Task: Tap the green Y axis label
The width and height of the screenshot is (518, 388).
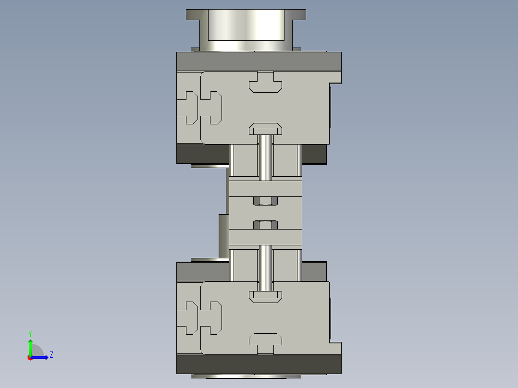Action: [x=30, y=333]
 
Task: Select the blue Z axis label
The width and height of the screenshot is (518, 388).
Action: [x=51, y=355]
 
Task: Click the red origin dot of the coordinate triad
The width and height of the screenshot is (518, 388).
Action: [x=30, y=358]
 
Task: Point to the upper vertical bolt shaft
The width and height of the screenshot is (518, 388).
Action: [x=265, y=158]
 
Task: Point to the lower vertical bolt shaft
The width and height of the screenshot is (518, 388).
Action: [x=265, y=268]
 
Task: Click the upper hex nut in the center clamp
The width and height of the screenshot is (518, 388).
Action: [x=265, y=200]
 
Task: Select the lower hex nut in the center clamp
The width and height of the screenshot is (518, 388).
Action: [x=265, y=224]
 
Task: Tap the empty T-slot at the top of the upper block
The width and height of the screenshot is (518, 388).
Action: [x=265, y=84]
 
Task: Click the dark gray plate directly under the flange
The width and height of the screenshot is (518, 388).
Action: [x=259, y=61]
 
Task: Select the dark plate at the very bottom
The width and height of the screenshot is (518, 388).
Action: [x=259, y=364]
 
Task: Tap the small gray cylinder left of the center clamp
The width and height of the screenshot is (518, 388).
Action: [x=223, y=235]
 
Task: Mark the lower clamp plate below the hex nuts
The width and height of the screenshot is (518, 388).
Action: [x=265, y=237]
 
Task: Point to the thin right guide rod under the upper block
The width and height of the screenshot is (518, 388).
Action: [x=299, y=160]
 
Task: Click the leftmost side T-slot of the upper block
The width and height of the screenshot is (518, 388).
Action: [x=188, y=108]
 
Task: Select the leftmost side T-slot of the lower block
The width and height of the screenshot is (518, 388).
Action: [x=188, y=318]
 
